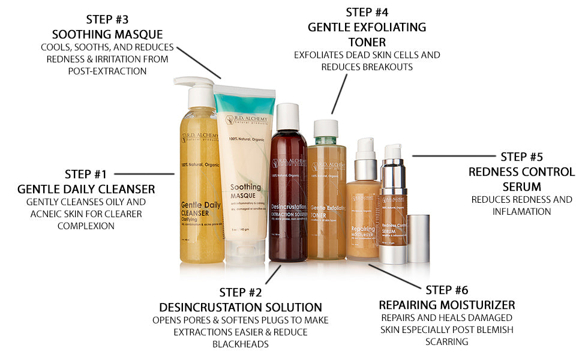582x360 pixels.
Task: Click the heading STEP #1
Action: (86, 175)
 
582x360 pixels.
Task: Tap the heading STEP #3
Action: (107, 19)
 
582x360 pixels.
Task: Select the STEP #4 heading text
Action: (367, 12)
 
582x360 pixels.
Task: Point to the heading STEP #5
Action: (521, 157)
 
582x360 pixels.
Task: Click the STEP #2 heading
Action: (241, 293)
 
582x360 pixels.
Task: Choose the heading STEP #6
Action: (446, 290)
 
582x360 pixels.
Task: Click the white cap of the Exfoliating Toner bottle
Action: (326, 128)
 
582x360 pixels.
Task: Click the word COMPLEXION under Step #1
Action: (86, 226)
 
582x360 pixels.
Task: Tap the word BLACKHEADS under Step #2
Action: (241, 344)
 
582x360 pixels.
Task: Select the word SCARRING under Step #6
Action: (446, 342)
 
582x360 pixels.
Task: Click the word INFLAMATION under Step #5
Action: (521, 211)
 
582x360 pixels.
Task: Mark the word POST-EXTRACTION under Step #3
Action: (107, 71)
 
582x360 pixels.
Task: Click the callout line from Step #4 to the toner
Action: (340, 93)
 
